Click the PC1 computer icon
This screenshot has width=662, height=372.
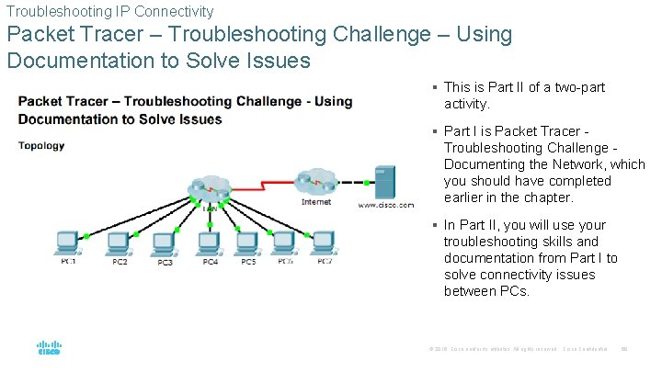67,243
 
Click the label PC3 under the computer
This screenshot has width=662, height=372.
164,264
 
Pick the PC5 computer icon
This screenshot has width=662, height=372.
247,243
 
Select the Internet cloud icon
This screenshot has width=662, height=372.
315,181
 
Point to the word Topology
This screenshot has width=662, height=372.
41,145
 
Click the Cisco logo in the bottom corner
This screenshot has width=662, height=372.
49,349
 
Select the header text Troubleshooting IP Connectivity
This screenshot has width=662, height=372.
109,11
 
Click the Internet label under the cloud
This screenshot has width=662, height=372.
316,201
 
